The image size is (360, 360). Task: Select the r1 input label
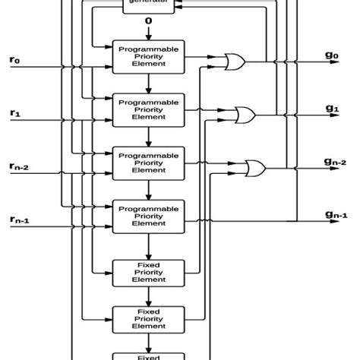[16, 113]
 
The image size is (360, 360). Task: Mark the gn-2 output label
[335, 161]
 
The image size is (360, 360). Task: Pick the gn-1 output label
[335, 215]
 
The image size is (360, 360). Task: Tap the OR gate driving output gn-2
[254, 168]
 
